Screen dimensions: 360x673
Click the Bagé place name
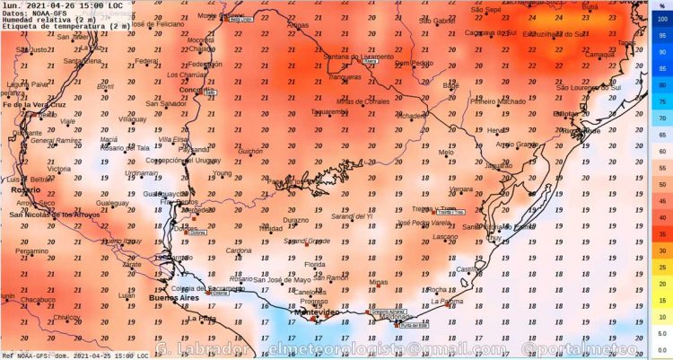tap(451, 86)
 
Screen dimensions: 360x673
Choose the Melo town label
tap(446, 153)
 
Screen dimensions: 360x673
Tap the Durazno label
tap(296, 220)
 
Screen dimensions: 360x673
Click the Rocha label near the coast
tap(437, 289)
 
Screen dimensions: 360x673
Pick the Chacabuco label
tap(39, 300)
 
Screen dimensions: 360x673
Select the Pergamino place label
tap(31, 251)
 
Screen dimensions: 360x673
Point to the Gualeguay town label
tap(113, 204)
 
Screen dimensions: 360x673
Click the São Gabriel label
tap(437, 21)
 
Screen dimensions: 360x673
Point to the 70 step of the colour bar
tap(661, 117)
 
